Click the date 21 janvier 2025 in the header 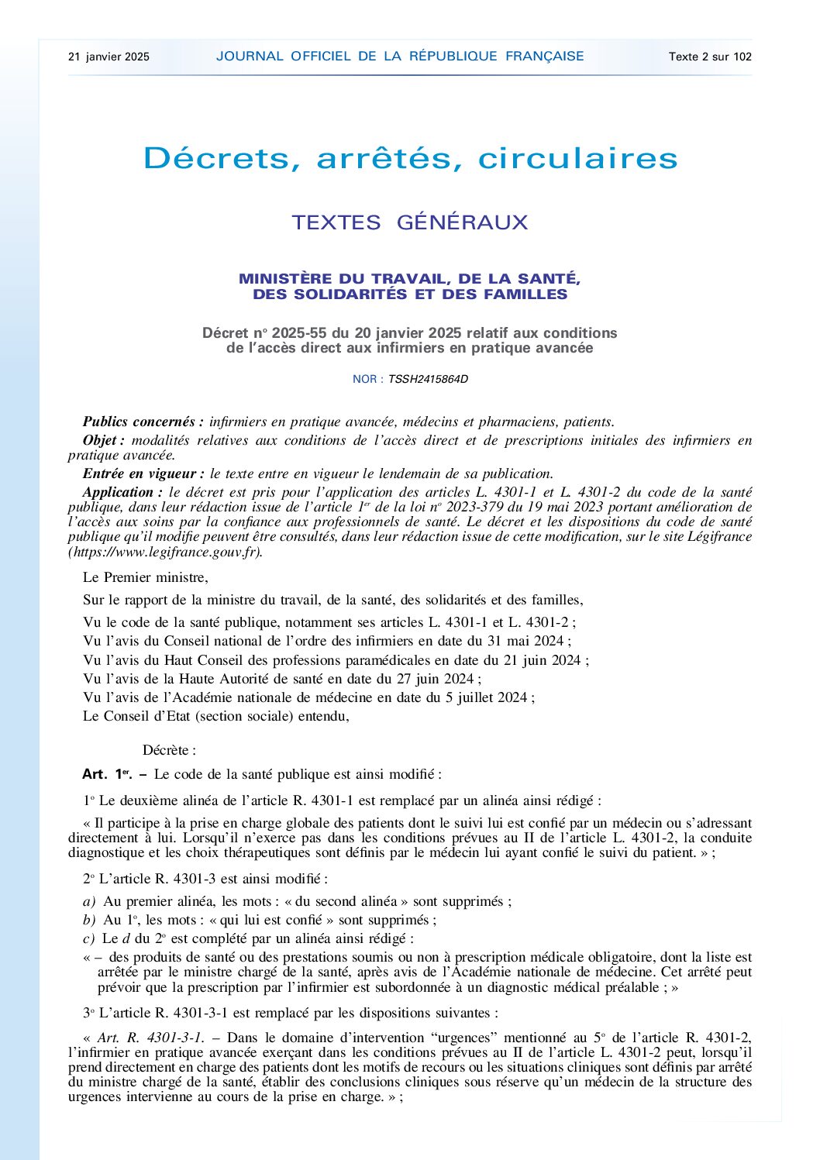pyautogui.click(x=109, y=57)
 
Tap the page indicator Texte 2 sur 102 pyautogui.click(x=710, y=57)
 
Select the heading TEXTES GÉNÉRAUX pyautogui.click(x=409, y=223)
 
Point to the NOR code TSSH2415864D pyautogui.click(x=428, y=379)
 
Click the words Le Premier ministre pyautogui.click(x=145, y=577)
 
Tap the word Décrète pyautogui.click(x=169, y=750)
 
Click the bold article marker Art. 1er pyautogui.click(x=108, y=774)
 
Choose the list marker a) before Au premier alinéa pyautogui.click(x=90, y=901)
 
